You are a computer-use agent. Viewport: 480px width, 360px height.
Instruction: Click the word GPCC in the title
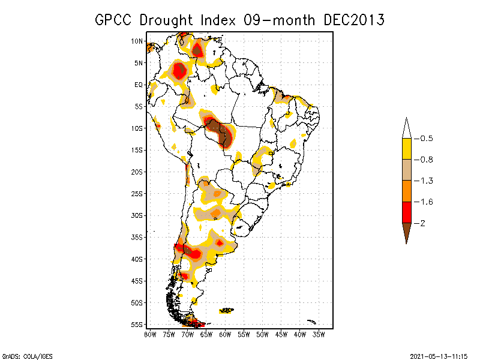115,20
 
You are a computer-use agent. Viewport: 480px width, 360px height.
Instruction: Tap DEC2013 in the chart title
353,20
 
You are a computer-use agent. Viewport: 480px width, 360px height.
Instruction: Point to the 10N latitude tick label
137,41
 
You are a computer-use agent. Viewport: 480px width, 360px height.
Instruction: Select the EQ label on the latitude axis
139,85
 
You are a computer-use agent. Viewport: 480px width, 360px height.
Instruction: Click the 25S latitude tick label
137,193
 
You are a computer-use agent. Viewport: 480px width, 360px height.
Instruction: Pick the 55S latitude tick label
137,324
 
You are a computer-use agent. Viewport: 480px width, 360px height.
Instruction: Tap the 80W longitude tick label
150,334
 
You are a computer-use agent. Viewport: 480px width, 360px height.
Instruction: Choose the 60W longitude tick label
225,334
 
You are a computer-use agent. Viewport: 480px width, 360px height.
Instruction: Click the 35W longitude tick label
319,334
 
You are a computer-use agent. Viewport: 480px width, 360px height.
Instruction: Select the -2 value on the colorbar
421,223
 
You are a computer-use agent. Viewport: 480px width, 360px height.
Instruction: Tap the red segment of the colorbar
406,212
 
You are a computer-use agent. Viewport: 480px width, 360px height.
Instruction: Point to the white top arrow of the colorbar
406,128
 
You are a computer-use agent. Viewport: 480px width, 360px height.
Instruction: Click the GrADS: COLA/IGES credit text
27,355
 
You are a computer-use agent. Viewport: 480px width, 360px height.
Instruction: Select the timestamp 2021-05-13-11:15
439,355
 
